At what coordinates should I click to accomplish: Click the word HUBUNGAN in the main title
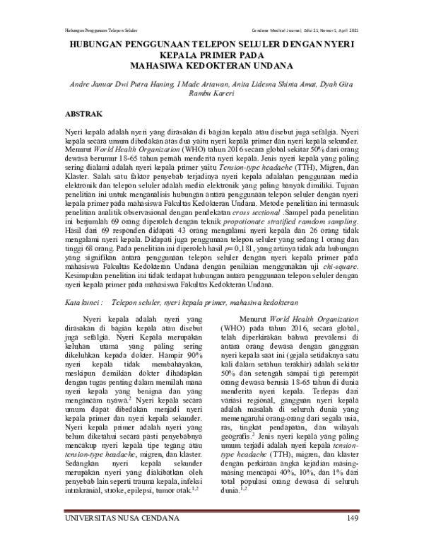tap(100, 43)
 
